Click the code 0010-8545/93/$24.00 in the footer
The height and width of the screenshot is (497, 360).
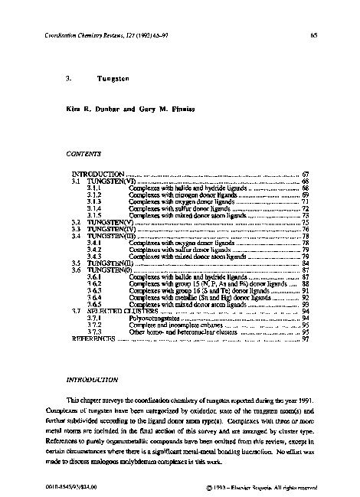[x=70, y=486]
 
